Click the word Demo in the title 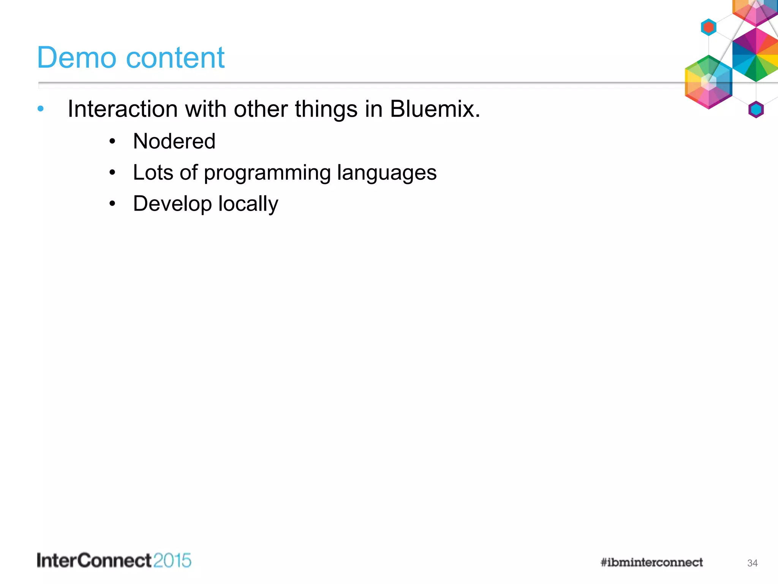76,58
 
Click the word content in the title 175,58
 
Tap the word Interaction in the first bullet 123,109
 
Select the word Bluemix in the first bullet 432,109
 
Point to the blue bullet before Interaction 41,109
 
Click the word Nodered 174,141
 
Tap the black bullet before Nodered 112,142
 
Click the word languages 387,173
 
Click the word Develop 172,204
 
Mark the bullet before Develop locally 112,204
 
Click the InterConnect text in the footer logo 94,561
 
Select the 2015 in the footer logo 172,561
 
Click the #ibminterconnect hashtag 651,562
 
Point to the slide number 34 752,563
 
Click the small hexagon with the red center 708,27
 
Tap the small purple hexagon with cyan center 756,110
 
